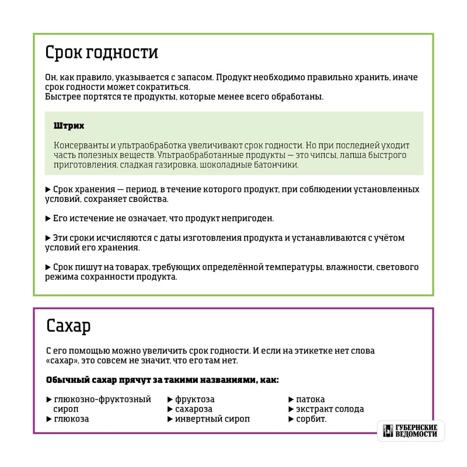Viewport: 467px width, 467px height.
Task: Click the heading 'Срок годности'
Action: tap(102, 53)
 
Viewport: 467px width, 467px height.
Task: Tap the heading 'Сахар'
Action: tap(68, 326)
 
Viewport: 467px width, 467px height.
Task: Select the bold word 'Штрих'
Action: tap(69, 126)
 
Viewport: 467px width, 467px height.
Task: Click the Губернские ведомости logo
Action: tap(410, 431)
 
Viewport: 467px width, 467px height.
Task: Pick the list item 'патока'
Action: tap(310, 399)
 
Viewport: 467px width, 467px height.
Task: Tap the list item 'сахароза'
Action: tap(194, 409)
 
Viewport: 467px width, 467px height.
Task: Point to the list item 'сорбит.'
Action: tap(312, 419)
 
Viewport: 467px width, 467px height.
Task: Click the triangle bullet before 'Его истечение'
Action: tap(48, 218)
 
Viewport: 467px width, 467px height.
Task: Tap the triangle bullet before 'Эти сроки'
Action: tap(48, 238)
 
